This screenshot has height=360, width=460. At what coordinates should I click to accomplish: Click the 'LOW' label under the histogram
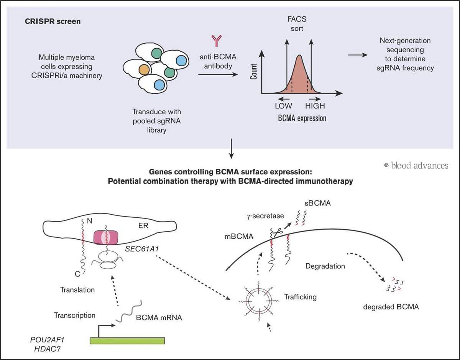pos(283,106)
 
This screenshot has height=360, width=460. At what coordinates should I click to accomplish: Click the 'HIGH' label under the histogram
pos(315,106)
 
